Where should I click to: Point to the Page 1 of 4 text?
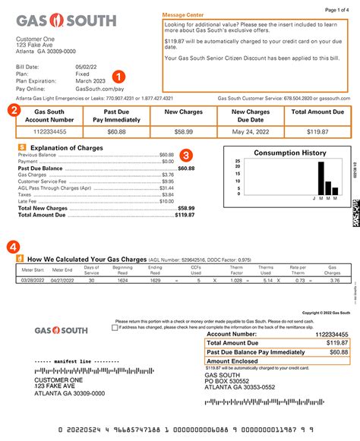[x=336, y=9]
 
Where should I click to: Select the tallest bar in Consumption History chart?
[x=321, y=179]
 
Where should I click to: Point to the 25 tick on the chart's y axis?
[x=238, y=162]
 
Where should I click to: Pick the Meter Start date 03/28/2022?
[x=32, y=281]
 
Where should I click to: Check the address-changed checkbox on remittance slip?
[x=115, y=328]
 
